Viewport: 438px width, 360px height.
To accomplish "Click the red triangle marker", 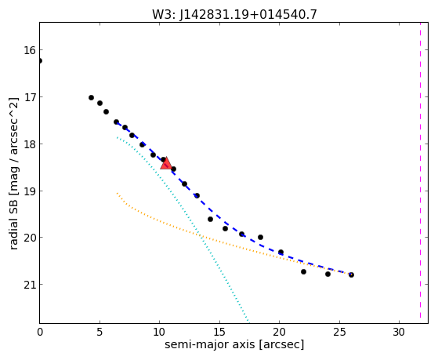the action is click(x=166, y=163).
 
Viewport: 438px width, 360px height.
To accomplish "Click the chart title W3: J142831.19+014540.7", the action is click(x=234, y=14).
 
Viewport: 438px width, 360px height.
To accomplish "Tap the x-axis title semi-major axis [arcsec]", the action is click(x=234, y=344).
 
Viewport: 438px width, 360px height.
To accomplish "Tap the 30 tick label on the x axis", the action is click(x=399, y=332).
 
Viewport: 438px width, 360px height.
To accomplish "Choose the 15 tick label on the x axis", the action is click(x=219, y=332).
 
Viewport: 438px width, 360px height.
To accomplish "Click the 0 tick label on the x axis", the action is click(x=40, y=332).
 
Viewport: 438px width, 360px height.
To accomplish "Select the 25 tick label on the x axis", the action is click(x=339, y=332).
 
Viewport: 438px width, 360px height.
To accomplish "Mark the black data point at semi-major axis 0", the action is click(x=40, y=60).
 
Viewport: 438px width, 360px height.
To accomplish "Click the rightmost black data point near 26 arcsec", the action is click(x=351, y=275).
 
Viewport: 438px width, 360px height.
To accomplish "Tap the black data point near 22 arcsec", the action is click(x=303, y=271).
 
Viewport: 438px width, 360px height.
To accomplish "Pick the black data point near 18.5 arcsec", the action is click(x=260, y=237).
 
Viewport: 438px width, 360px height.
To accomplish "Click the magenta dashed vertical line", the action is click(x=420, y=170).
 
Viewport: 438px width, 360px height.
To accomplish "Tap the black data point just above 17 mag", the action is click(x=91, y=97).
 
